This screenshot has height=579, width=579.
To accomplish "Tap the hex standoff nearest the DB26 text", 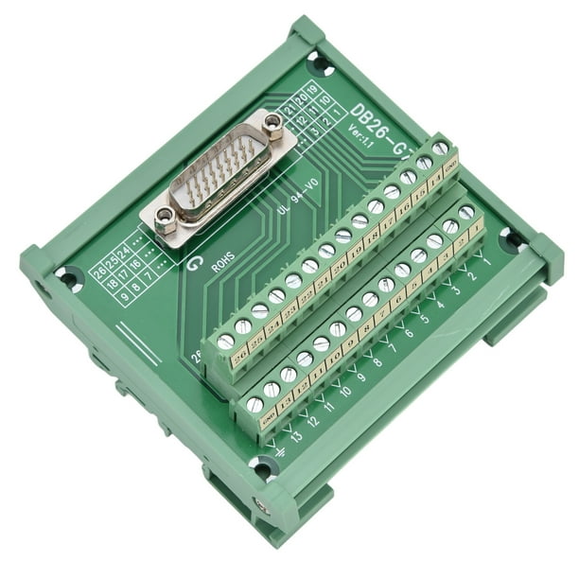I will pos(273,122).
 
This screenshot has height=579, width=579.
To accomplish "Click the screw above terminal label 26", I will pos(226,342).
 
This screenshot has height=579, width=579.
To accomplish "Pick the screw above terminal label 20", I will pos(325,252).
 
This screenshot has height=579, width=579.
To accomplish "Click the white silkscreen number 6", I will pos(409,332).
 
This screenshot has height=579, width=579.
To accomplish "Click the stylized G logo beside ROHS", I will pos(196,265).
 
